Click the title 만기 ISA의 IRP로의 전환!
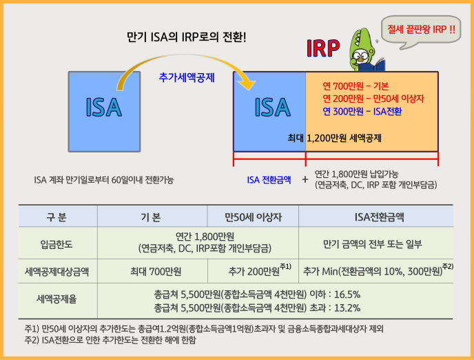187,37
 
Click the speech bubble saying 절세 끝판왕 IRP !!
421,31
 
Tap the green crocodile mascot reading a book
365,50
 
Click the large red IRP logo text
323,48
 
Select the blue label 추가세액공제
187,78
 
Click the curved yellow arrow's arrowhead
247,85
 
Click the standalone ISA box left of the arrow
104,112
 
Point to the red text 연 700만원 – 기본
355,86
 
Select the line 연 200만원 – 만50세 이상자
373,99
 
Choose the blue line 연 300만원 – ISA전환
362,112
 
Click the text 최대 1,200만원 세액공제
334,138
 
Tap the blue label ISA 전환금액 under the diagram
269,180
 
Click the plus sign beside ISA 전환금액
305,180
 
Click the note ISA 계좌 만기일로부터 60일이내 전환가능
104,180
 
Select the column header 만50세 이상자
253,217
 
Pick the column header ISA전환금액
379,217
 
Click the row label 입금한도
56,244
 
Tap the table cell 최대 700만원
156,271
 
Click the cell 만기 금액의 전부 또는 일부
373,244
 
